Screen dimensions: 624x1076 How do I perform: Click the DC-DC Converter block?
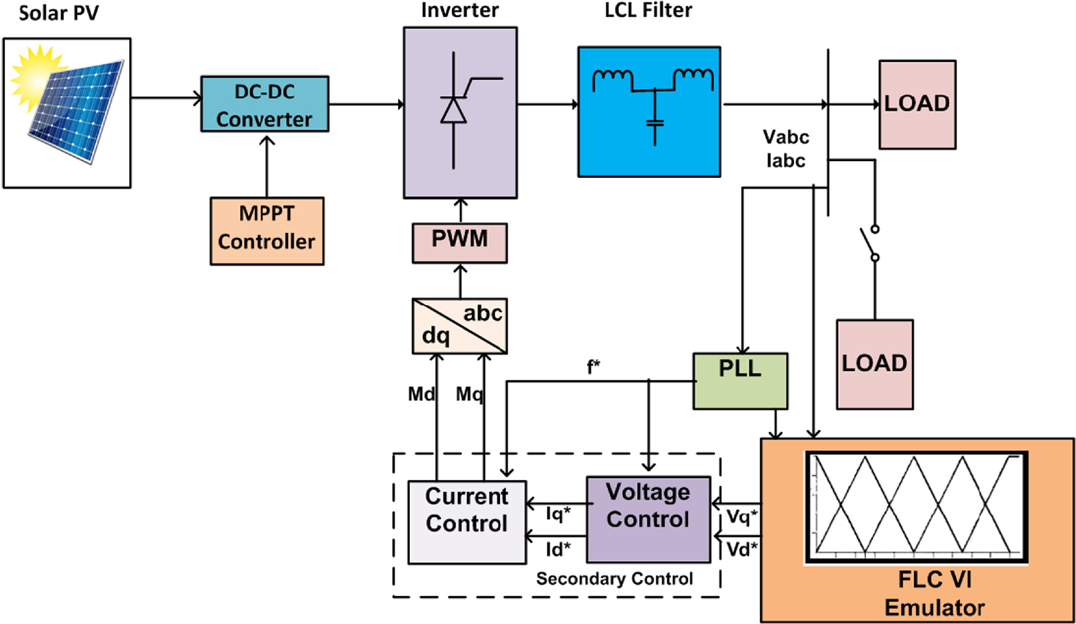pyautogui.click(x=264, y=104)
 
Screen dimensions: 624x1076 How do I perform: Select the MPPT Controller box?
pyautogui.click(x=267, y=231)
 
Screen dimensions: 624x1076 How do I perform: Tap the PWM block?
pyautogui.click(x=459, y=243)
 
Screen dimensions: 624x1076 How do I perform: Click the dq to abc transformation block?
pyautogui.click(x=459, y=326)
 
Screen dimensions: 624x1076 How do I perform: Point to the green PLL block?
pyautogui.click(x=740, y=381)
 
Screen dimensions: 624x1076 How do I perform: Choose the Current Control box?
pyautogui.click(x=467, y=522)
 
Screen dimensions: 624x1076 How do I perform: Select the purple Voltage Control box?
pyautogui.click(x=648, y=519)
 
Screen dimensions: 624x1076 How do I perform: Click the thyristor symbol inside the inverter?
pyautogui.click(x=454, y=110)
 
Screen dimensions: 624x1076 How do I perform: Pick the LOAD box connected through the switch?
pyautogui.click(x=874, y=365)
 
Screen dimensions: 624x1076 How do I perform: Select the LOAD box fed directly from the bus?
pyautogui.click(x=917, y=105)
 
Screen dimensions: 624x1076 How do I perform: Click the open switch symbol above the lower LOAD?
pyautogui.click(x=870, y=243)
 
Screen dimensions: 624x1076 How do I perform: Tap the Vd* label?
pyautogui.click(x=741, y=550)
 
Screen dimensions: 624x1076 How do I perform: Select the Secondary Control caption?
pyautogui.click(x=614, y=579)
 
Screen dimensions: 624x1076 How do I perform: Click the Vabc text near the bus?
pyautogui.click(x=786, y=137)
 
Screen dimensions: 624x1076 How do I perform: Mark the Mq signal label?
pyautogui.click(x=469, y=394)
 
